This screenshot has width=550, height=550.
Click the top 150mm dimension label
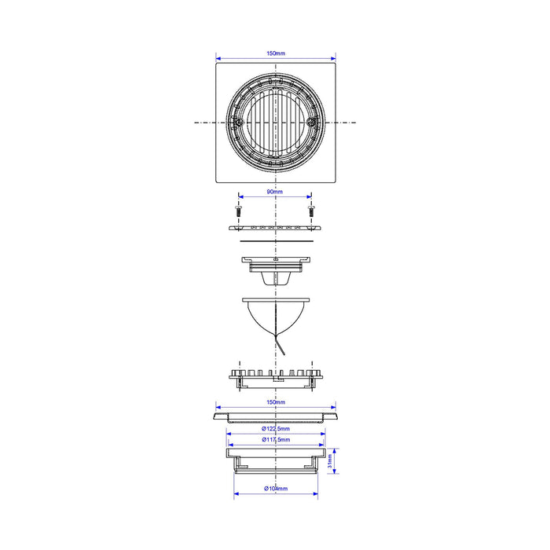(x=276, y=53)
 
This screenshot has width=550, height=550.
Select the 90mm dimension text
(x=275, y=192)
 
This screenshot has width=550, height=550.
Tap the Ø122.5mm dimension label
(x=276, y=429)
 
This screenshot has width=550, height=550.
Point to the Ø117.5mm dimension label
(x=276, y=439)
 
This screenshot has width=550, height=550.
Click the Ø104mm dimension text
(x=276, y=488)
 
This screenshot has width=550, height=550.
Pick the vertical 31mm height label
(x=329, y=461)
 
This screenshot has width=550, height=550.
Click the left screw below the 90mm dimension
(x=238, y=211)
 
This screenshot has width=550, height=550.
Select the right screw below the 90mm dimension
(x=311, y=211)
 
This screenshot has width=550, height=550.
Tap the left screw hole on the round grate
(x=239, y=123)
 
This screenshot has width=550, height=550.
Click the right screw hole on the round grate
(x=311, y=123)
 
